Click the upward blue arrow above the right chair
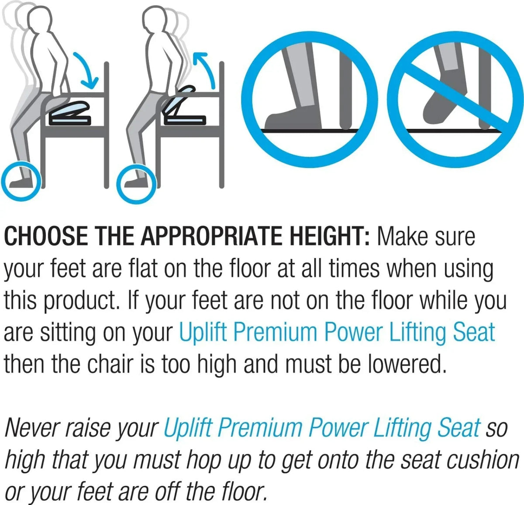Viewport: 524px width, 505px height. (207, 67)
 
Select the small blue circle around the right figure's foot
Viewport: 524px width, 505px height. (136, 184)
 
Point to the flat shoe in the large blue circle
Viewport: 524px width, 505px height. (293, 119)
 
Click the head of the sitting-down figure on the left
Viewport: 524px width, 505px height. (40, 19)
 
